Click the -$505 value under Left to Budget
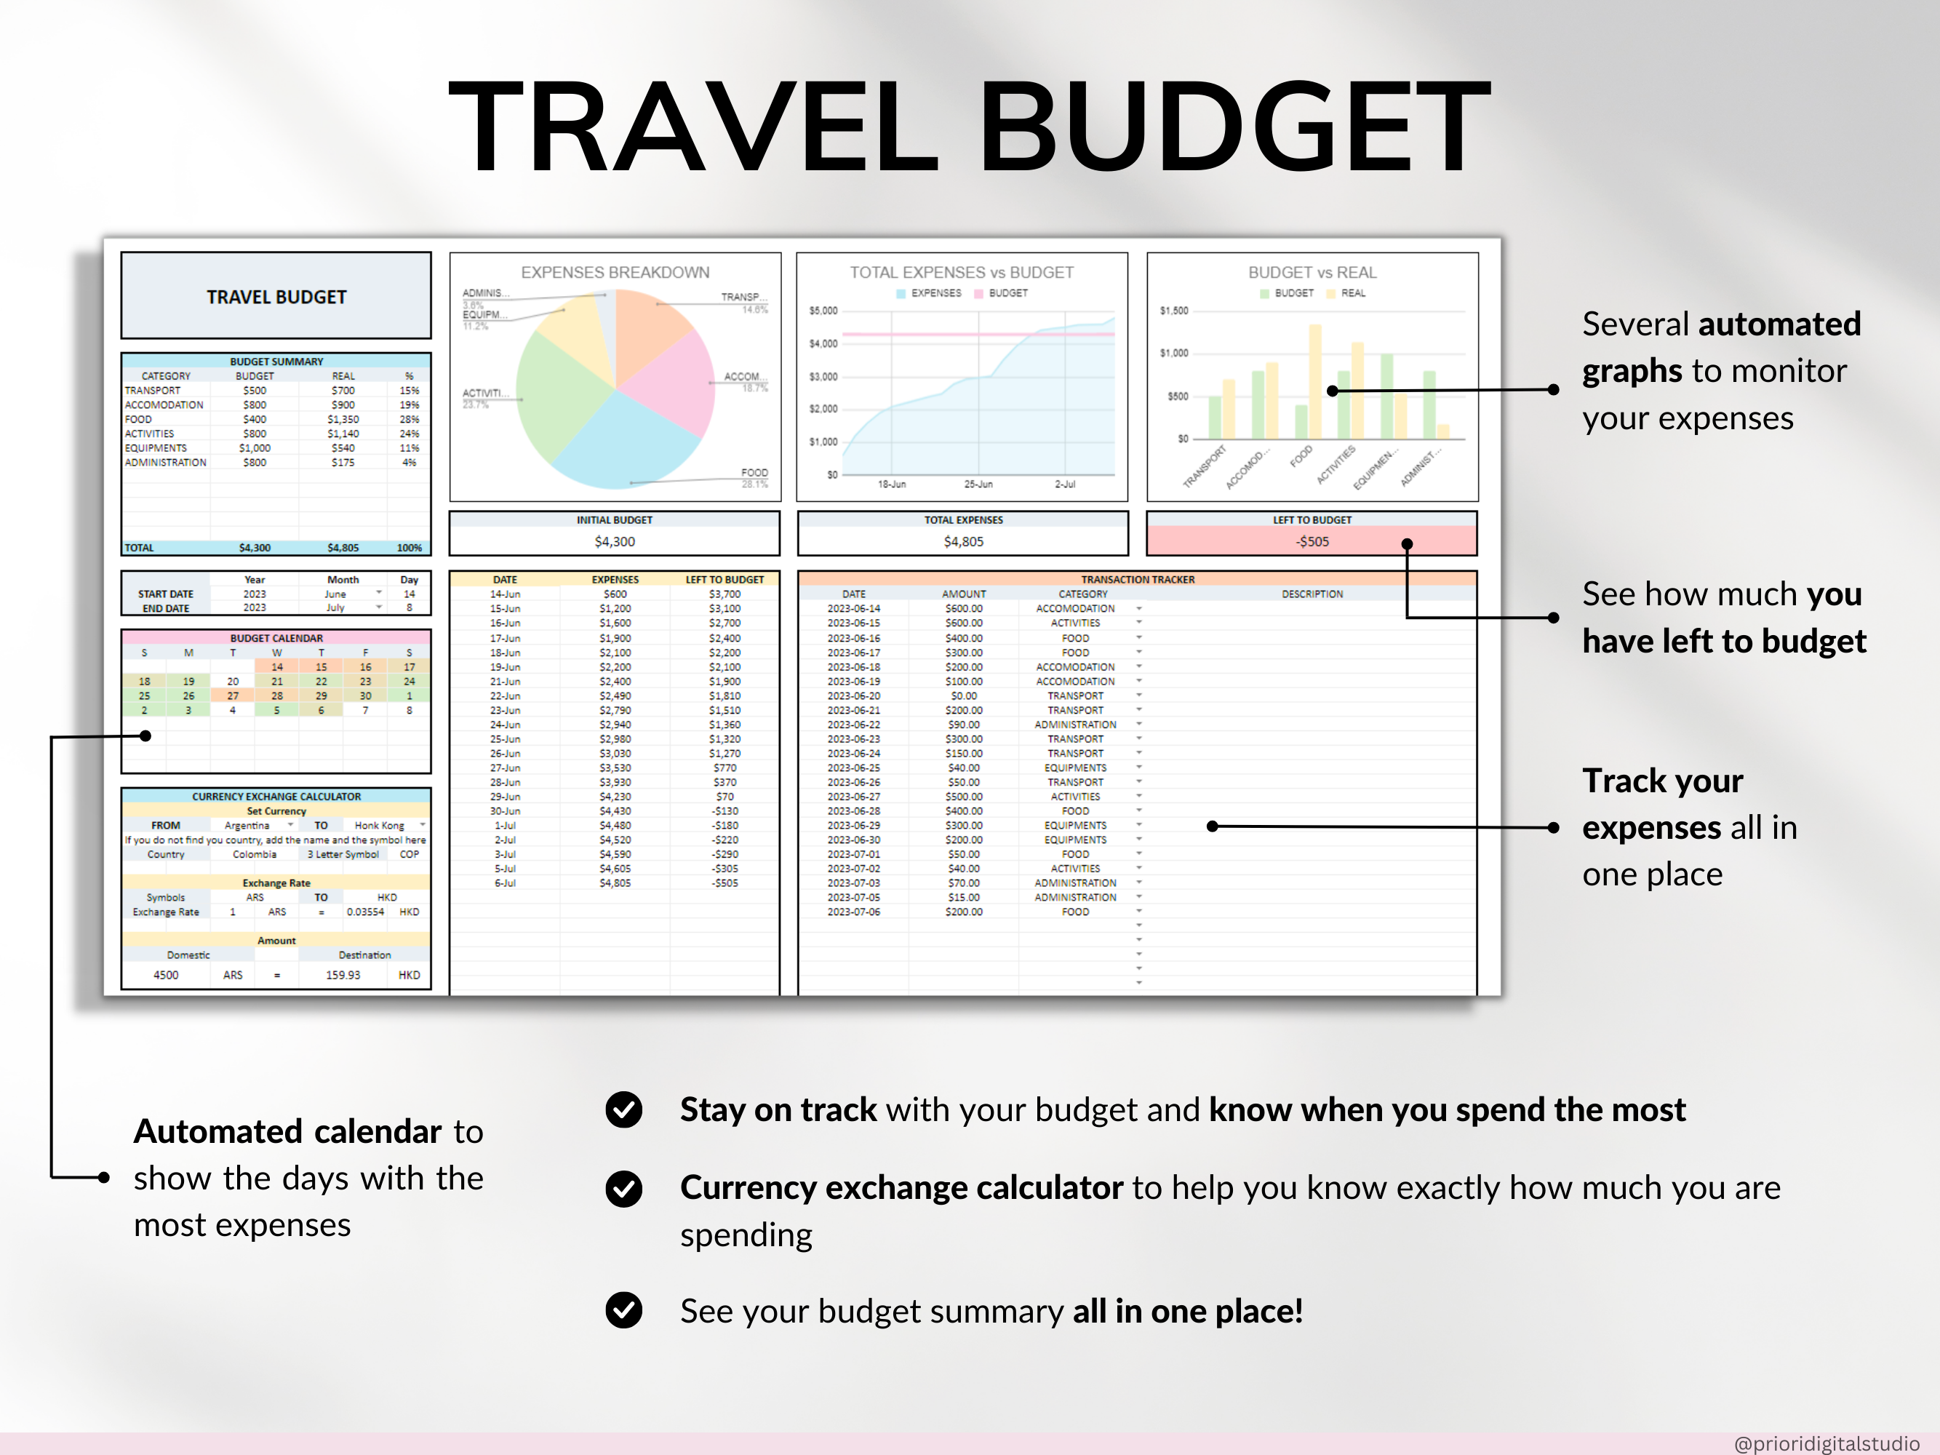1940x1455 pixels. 1312,541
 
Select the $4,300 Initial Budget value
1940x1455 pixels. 614,541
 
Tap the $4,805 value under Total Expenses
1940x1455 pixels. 963,541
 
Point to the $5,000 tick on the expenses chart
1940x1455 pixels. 823,311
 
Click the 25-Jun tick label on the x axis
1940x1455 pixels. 978,484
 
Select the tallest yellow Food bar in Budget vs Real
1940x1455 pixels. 1314,381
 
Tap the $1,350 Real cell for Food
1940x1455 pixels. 343,419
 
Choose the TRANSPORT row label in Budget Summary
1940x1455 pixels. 153,390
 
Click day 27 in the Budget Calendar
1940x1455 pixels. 233,695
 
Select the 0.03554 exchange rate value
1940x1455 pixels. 365,912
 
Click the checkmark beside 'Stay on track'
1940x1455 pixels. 623,1109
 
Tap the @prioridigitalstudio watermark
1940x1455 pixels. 1826,1443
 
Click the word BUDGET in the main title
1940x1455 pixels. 1233,127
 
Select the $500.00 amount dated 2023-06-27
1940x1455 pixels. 963,797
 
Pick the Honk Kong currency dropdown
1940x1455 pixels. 386,825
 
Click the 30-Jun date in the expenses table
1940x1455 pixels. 505,811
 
